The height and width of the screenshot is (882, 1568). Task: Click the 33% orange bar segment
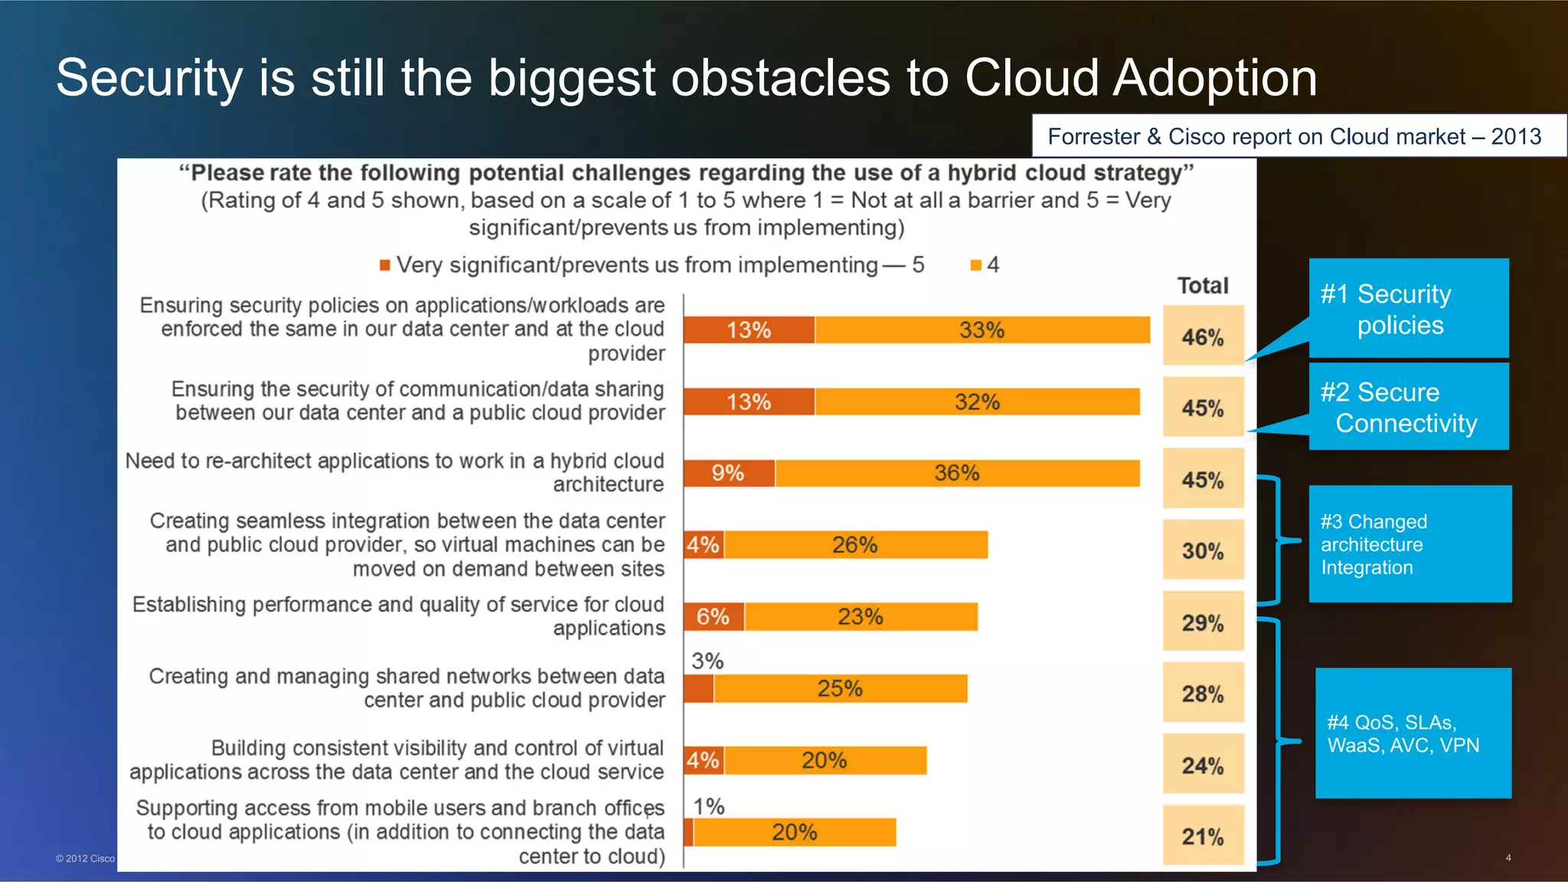982,330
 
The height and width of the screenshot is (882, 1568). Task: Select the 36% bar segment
957,473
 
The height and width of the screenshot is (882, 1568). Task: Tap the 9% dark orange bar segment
728,473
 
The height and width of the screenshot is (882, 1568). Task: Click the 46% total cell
1203,336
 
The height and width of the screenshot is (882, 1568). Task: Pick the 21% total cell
1203,835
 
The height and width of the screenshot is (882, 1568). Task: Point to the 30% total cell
1203,550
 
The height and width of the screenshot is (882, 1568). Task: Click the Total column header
1203,285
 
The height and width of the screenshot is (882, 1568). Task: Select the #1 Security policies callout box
1408,308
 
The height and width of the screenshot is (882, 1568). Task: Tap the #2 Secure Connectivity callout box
1408,407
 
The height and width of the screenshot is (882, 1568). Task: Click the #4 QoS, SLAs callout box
1413,733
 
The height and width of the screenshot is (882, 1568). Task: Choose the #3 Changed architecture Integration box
1410,544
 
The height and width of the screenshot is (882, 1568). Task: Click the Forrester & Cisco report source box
1298,136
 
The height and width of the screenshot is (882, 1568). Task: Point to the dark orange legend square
385,265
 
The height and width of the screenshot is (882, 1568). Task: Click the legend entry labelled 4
985,265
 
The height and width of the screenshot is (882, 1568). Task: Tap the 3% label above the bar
707,660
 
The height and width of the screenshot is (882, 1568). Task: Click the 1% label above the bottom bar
708,806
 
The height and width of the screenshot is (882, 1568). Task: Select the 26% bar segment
855,545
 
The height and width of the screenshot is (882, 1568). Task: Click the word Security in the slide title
149,78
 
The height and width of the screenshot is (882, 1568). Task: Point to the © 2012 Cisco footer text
85,858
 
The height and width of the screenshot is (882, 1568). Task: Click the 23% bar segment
861,617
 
